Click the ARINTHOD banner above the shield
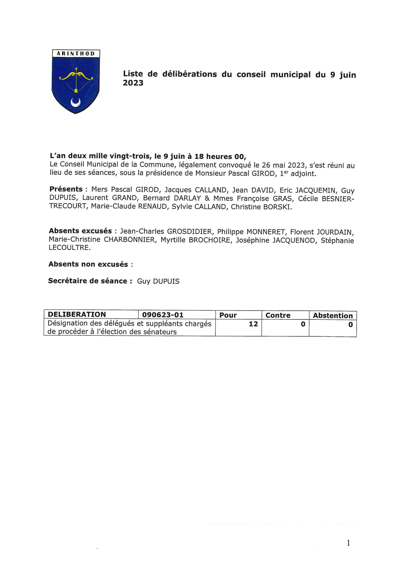[x=76, y=54]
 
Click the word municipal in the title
[x=290, y=75]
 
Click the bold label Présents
[x=66, y=189]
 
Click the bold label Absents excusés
[x=80, y=231]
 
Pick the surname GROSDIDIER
[x=189, y=231]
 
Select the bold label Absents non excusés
[x=88, y=264]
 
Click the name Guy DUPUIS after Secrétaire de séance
[x=158, y=281]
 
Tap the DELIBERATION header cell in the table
[x=77, y=315]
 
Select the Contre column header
[x=278, y=315]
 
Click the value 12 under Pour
[x=253, y=324]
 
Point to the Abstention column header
[x=333, y=316]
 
